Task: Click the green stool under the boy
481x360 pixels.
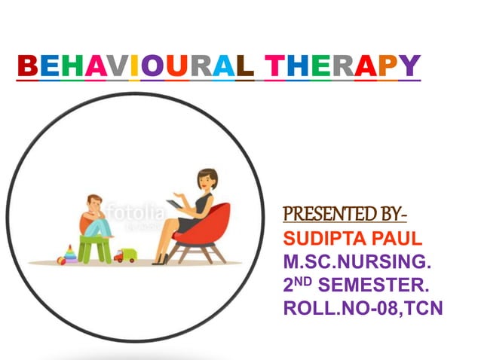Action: (95, 246)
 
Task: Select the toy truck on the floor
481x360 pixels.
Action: (124, 255)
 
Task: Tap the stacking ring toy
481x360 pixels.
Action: (70, 255)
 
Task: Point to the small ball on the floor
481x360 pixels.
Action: (61, 261)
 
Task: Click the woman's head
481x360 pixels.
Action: (205, 182)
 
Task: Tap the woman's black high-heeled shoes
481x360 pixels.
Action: (161, 259)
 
